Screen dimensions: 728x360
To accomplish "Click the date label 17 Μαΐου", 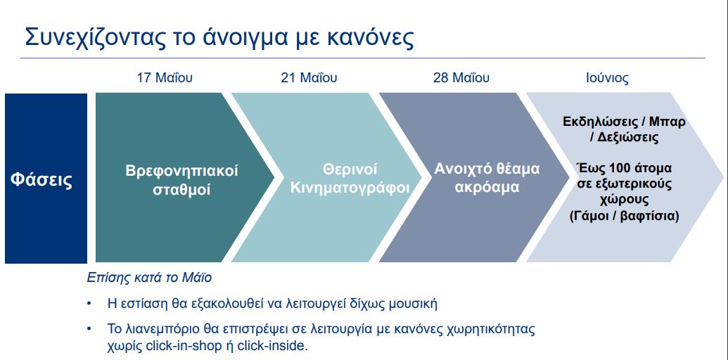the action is (x=165, y=77).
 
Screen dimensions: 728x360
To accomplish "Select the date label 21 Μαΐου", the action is (x=309, y=77).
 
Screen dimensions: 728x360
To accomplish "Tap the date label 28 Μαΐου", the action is (x=461, y=77).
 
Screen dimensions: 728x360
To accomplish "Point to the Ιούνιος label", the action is (x=607, y=78).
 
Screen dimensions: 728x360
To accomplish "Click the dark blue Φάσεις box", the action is (x=46, y=179).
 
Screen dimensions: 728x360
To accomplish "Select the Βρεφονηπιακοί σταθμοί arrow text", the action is (x=182, y=180).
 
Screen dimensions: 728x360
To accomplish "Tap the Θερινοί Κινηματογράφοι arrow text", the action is (x=350, y=179).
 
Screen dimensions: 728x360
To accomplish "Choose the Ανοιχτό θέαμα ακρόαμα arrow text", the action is (x=487, y=178).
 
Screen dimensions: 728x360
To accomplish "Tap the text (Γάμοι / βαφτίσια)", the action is (x=625, y=216).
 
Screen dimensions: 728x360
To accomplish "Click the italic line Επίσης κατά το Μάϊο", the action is (x=149, y=278).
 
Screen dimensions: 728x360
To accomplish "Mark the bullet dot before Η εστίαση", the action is (x=89, y=304).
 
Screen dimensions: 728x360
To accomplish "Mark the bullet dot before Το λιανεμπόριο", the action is (x=89, y=330).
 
